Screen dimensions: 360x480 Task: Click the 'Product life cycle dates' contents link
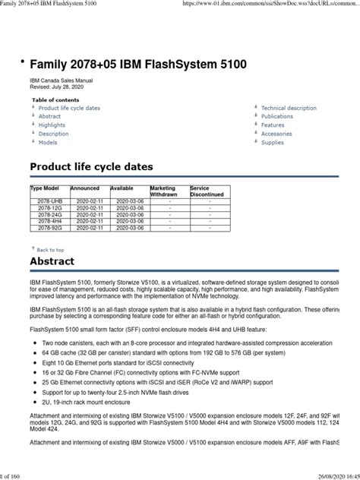pyautogui.click(x=69, y=109)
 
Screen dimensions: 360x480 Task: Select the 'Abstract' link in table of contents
pyautogui.click(x=49, y=117)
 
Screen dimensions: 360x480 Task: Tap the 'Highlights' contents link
pyautogui.click(x=52, y=125)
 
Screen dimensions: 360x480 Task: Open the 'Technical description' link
pyautogui.click(x=289, y=109)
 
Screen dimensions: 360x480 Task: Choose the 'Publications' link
pyautogui.click(x=277, y=117)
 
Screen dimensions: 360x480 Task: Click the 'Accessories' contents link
pyautogui.click(x=276, y=134)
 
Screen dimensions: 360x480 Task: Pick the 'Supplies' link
pyautogui.click(x=273, y=142)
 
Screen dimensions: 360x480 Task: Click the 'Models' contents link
pyautogui.click(x=48, y=142)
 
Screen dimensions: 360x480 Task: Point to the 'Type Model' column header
pyautogui.click(x=45, y=188)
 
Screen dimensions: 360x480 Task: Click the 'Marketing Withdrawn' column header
pyautogui.click(x=163, y=191)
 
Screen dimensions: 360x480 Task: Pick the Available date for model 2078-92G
pyautogui.click(x=129, y=227)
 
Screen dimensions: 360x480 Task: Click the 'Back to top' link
pyautogui.click(x=50, y=249)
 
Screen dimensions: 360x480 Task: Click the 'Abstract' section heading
pyautogui.click(x=52, y=262)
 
